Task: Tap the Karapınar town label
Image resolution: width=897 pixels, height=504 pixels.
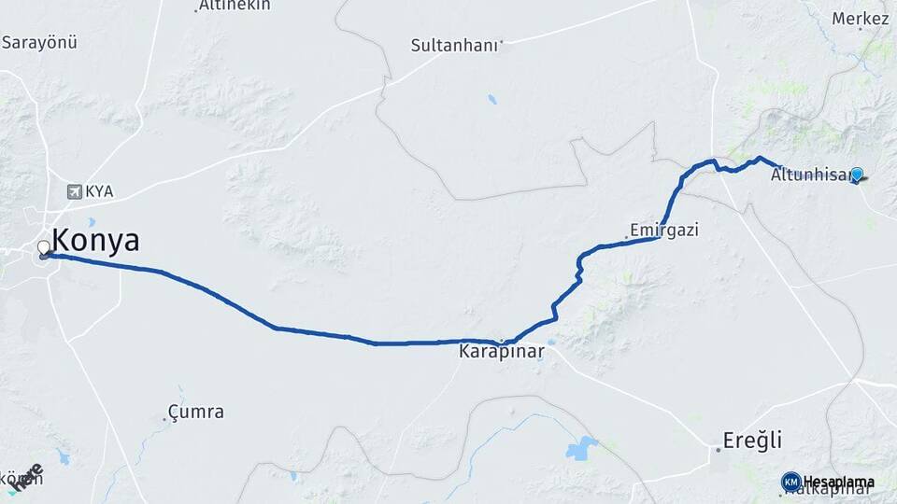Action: pos(502,353)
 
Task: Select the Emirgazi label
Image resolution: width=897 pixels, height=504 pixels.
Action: pos(664,229)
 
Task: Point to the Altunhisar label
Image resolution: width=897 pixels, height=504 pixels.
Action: pos(809,175)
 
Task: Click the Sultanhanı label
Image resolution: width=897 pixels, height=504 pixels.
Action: pos(456,45)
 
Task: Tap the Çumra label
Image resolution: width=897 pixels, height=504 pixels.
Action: pos(195,411)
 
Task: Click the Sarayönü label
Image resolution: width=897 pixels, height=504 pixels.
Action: pos(39,42)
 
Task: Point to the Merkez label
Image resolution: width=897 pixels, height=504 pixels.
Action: pos(860,19)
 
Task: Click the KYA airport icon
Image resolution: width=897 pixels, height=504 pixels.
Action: pos(74,191)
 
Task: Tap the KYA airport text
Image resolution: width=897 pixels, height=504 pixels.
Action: pos(99,191)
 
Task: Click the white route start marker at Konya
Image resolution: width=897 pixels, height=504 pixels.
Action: pos(43,248)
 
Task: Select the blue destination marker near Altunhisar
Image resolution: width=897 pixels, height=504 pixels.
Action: pos(856,174)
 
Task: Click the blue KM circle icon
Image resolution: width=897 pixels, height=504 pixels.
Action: pos(790,482)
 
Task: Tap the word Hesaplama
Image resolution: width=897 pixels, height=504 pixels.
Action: pos(839,482)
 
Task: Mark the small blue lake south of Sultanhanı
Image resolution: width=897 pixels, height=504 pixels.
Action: pos(491,99)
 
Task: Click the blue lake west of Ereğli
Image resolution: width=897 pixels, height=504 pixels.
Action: pos(581,447)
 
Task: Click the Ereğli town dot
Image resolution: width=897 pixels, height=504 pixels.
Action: pos(718,450)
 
